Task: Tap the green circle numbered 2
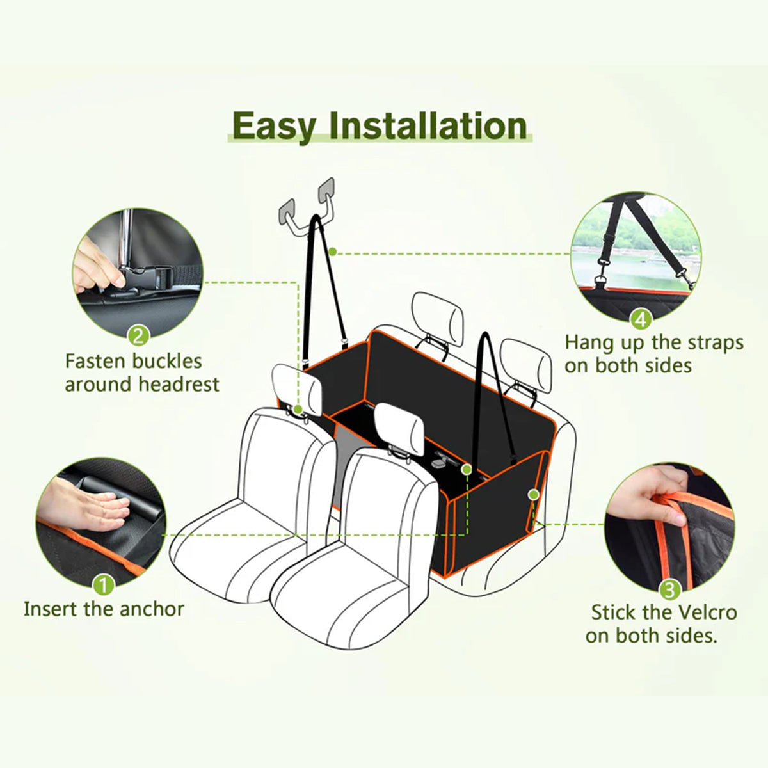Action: coord(139,334)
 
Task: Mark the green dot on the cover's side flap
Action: coord(532,493)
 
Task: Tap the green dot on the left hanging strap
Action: coord(333,252)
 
